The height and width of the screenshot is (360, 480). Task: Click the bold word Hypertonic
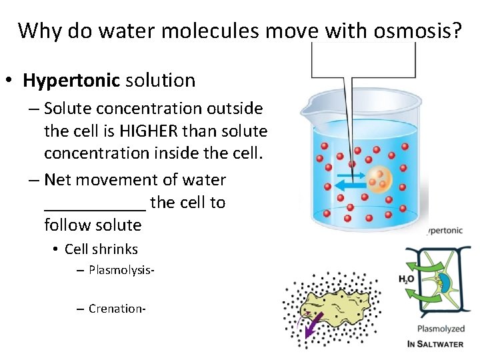[x=71, y=81]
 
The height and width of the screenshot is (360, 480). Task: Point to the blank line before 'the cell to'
[x=94, y=203]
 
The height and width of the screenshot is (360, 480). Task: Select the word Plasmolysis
[x=121, y=271]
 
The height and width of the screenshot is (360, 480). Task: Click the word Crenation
[x=117, y=309]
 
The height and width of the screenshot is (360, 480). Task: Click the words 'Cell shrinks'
[x=101, y=249]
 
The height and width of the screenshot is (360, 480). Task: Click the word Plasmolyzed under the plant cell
[x=443, y=328]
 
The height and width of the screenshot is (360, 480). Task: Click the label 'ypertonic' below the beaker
[x=445, y=231]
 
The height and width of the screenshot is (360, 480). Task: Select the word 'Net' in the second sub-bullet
[x=58, y=180]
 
